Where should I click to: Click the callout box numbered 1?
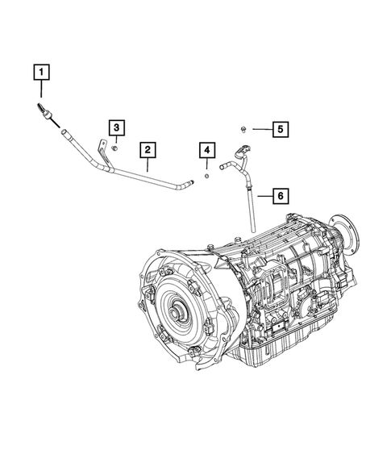(x=40, y=71)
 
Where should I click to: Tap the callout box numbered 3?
(x=116, y=127)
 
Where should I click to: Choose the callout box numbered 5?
(x=279, y=128)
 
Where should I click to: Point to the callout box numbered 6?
(x=279, y=195)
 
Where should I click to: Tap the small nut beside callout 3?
(x=116, y=147)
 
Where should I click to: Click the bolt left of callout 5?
(x=243, y=127)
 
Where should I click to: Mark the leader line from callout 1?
(x=40, y=91)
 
